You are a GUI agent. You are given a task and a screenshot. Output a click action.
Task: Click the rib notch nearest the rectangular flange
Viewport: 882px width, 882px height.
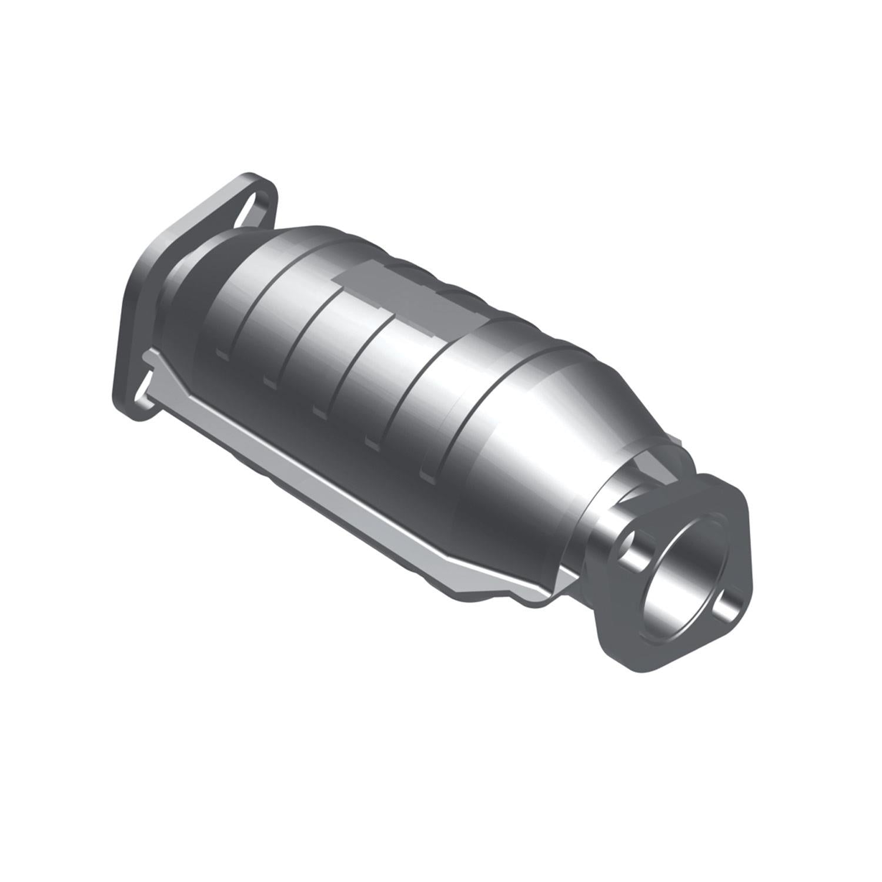pos(222,353)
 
